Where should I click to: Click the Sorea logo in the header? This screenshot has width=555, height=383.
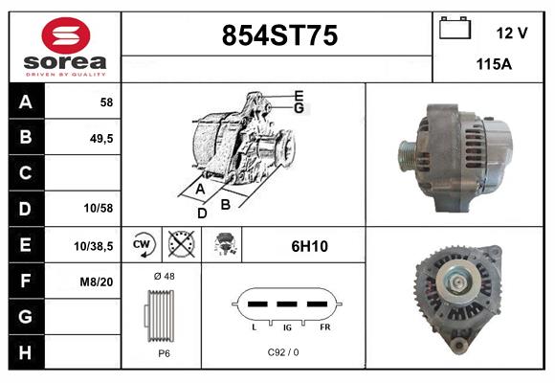(x=65, y=48)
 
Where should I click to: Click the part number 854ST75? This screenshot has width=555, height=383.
(x=278, y=35)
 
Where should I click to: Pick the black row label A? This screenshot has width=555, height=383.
(x=26, y=101)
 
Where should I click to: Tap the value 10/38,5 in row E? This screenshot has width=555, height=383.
(x=94, y=246)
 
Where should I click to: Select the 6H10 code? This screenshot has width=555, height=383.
(x=309, y=246)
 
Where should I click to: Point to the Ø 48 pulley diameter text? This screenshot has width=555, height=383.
(x=164, y=276)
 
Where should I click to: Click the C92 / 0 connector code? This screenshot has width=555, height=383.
(x=283, y=352)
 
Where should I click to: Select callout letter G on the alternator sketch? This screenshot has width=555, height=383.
(x=300, y=108)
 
